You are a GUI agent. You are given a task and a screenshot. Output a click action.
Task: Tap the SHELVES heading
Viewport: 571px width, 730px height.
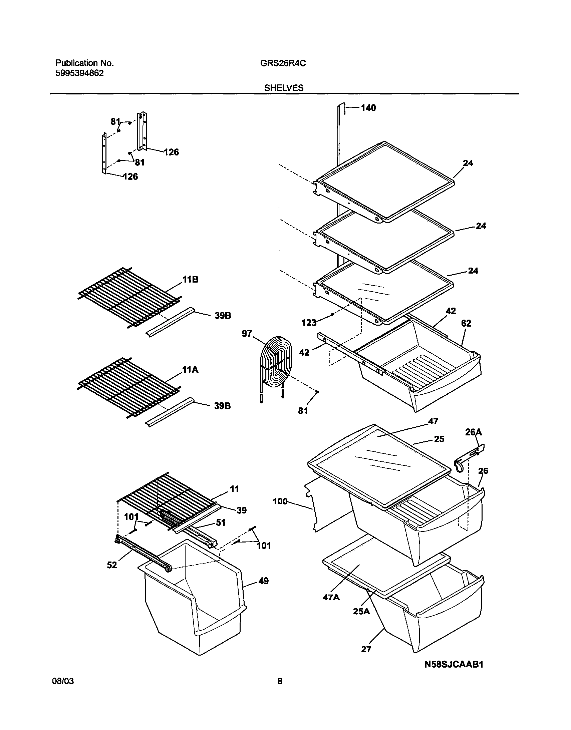click(284, 88)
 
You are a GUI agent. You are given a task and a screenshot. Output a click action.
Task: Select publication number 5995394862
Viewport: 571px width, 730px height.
click(79, 73)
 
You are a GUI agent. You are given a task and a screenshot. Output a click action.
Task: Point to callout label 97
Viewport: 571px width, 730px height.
click(247, 334)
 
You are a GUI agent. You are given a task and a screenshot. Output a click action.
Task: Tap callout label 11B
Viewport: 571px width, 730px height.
click(190, 280)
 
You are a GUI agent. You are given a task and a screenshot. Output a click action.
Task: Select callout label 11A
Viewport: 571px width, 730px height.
click(190, 370)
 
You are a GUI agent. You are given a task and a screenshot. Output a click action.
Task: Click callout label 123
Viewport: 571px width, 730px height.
click(309, 323)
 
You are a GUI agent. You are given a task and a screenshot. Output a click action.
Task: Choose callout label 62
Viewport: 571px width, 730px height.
click(466, 323)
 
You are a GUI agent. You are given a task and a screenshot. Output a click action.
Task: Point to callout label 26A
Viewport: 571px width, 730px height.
click(473, 432)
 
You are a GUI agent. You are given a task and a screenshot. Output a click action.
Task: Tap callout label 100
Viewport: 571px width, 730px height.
click(280, 501)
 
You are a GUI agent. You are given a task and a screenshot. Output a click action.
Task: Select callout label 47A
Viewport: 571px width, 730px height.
click(331, 597)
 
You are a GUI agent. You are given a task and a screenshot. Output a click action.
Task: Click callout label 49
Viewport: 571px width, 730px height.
click(263, 581)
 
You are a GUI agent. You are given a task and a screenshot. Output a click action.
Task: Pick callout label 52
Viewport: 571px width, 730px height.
click(112, 565)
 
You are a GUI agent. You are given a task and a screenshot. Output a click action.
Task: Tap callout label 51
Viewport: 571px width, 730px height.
click(221, 522)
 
